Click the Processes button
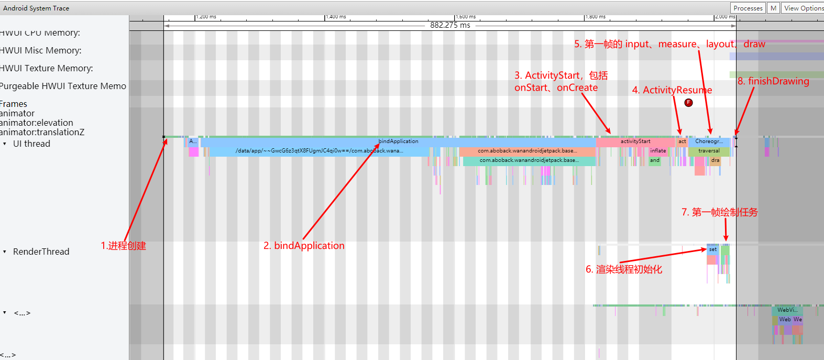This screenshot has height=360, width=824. coord(748,8)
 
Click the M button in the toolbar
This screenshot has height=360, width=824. coord(773,8)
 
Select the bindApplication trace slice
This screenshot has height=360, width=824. coord(398,141)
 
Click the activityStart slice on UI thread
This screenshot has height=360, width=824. coord(635,141)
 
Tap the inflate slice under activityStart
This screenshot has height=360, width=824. coord(658,151)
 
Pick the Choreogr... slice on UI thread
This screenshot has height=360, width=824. coord(709,141)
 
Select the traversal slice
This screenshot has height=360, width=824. coord(709,151)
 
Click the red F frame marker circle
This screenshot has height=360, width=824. coord(689,103)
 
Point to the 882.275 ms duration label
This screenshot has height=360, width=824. coord(450,25)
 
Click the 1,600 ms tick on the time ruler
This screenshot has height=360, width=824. coord(465,17)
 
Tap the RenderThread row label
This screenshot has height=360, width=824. coord(41,252)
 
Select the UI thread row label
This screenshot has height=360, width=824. coord(31,144)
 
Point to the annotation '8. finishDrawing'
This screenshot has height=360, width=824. coord(773,81)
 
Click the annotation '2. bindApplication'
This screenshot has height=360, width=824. coord(304,246)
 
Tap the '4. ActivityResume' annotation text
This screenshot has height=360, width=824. coord(672,90)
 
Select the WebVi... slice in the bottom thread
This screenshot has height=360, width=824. coord(787,310)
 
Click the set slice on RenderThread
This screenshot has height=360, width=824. coord(712,249)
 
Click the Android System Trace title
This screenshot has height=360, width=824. coord(36,8)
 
